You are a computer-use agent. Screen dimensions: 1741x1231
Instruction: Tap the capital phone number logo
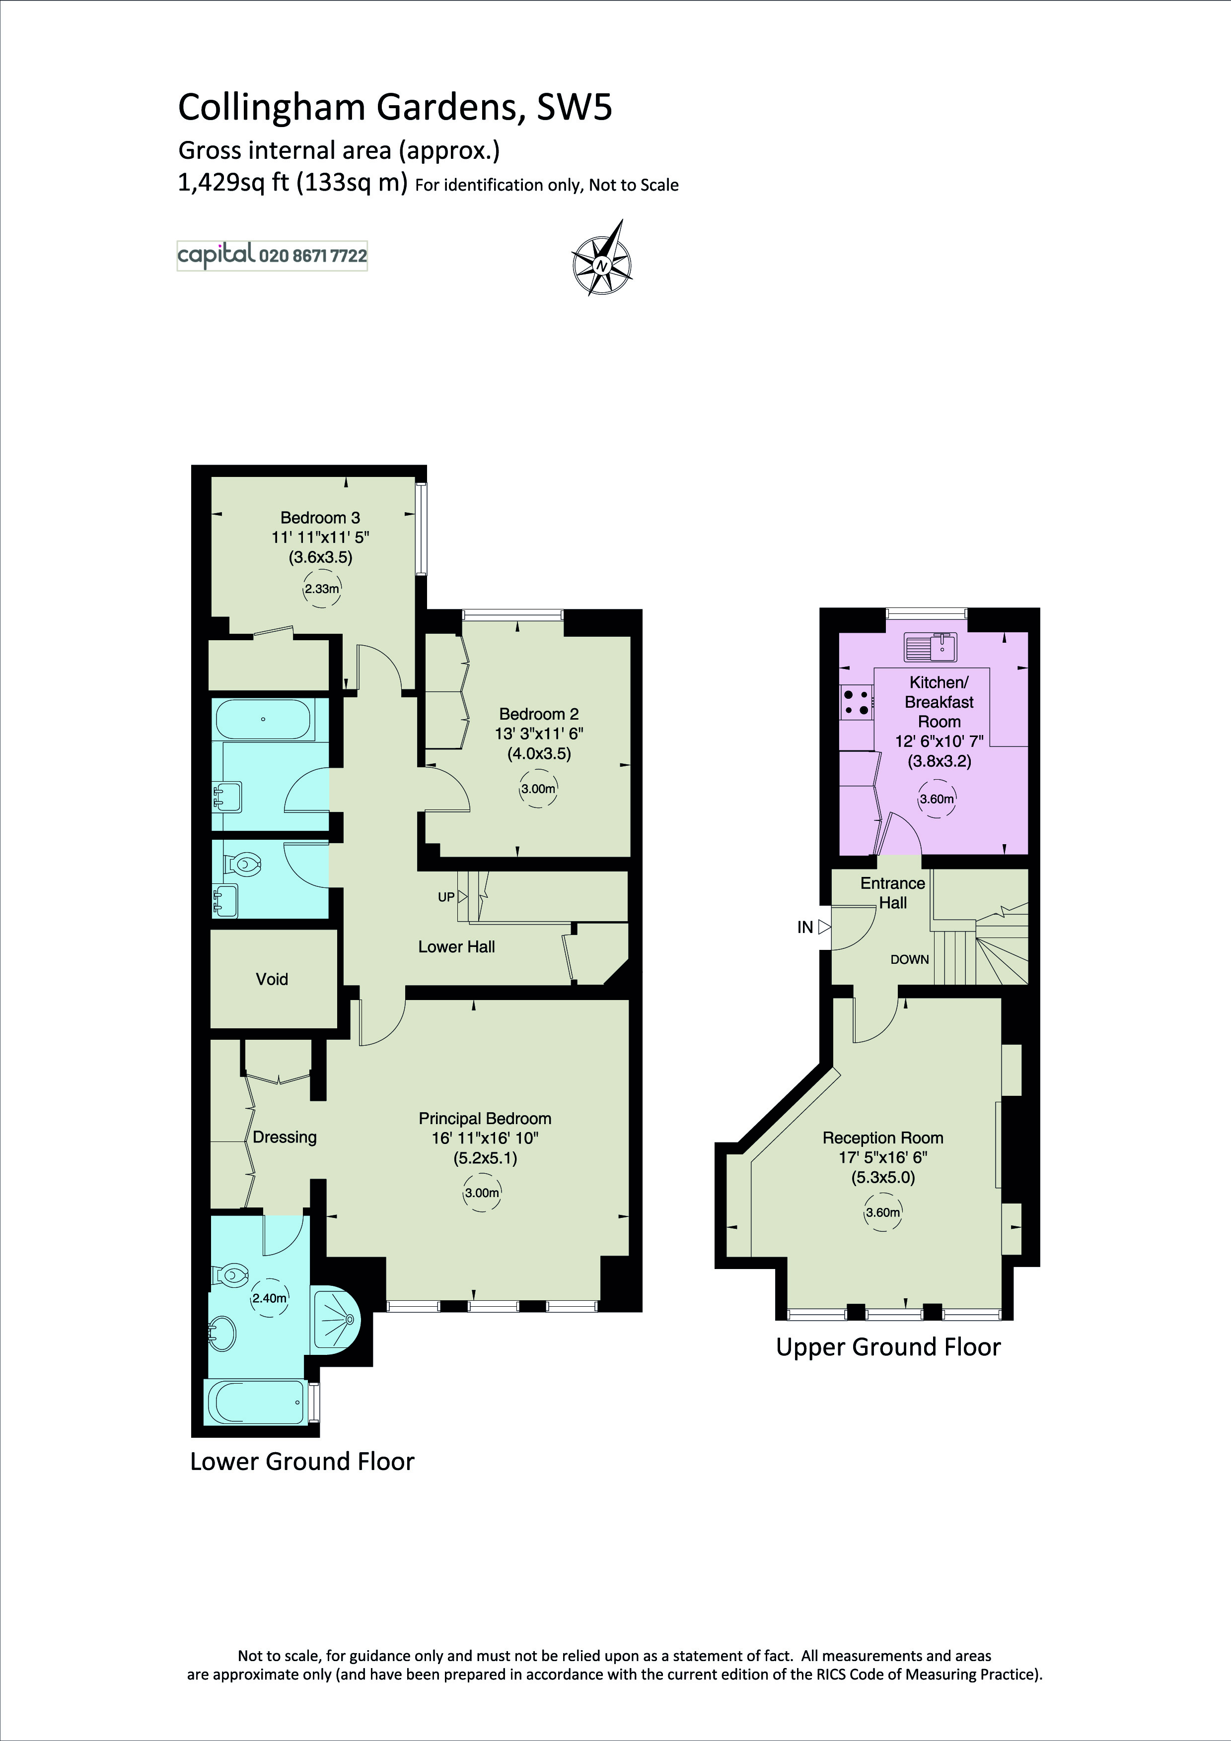[272, 256]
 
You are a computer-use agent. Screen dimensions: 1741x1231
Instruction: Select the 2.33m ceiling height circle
[322, 589]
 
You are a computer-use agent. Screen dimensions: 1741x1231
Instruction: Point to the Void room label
[272, 979]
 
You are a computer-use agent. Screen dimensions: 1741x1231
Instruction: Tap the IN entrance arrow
[824, 927]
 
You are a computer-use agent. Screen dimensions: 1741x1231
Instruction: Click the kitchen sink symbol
[932, 646]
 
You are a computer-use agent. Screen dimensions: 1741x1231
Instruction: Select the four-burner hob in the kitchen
[856, 701]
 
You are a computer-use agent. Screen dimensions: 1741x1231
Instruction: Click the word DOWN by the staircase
[909, 959]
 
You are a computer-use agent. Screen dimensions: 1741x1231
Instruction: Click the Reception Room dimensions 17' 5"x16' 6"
[883, 1157]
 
